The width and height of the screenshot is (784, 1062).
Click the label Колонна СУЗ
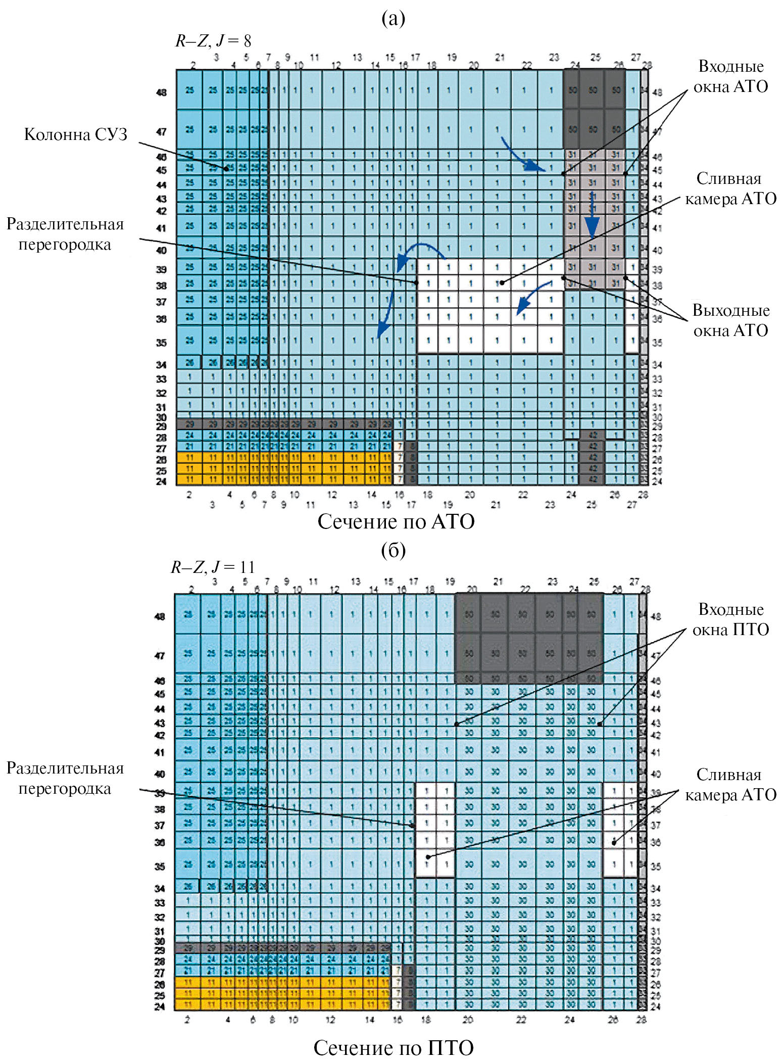76,134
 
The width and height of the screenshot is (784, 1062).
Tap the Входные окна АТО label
730,77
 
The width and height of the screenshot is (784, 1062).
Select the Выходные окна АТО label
730,320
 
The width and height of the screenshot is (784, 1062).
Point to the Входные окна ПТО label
730,619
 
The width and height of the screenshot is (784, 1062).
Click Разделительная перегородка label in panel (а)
65,234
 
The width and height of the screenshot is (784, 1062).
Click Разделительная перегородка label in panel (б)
65,778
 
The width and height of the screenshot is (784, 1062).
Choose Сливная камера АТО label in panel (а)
730,189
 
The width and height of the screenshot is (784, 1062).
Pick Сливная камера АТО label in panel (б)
730,785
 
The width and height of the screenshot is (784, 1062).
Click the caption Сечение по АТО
396,522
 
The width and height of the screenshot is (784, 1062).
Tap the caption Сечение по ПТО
394,1048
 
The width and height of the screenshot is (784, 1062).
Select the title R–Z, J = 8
213,41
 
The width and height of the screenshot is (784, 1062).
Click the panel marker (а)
393,19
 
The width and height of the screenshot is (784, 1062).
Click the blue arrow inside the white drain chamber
532,299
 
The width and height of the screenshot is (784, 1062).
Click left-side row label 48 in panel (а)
161,92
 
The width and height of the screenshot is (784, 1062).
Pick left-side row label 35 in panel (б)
160,866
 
